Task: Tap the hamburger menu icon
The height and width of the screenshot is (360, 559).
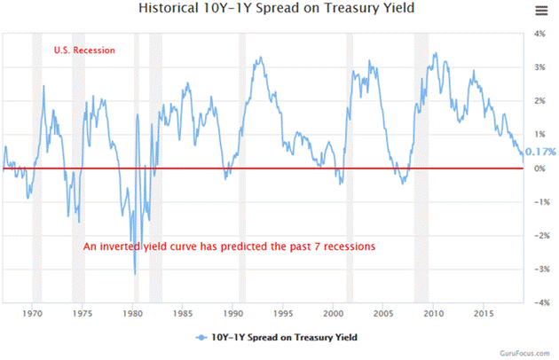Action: click(541, 11)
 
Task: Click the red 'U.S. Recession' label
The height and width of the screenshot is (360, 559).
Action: click(84, 51)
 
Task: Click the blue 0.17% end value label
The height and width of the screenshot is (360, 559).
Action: click(540, 152)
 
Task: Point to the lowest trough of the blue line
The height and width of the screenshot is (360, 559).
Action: click(135, 274)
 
